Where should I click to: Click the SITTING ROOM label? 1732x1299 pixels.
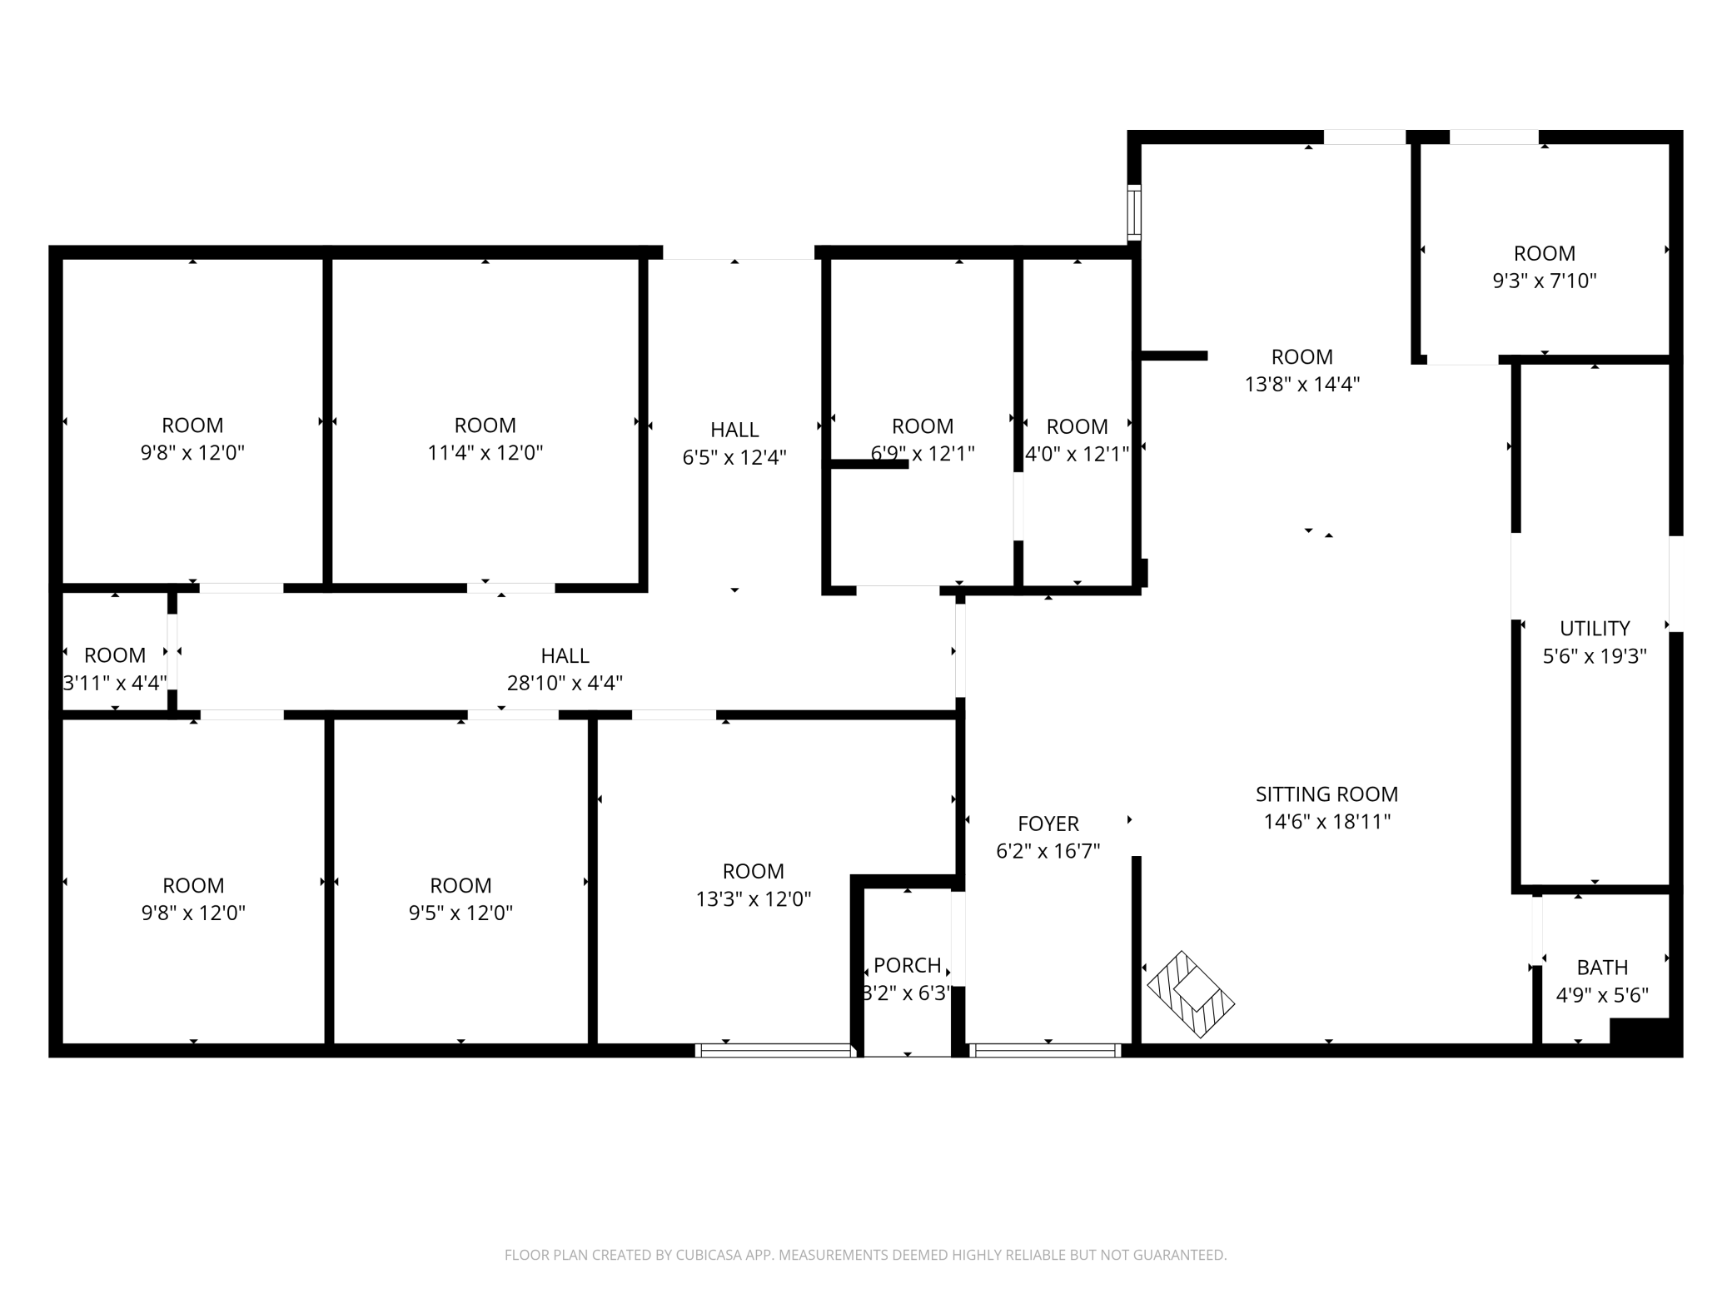click(1326, 794)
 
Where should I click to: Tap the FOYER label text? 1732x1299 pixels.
click(1048, 824)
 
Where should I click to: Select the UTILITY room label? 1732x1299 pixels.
click(1595, 628)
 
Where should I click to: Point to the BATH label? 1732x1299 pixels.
click(1602, 968)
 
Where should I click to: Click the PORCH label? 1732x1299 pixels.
click(908, 965)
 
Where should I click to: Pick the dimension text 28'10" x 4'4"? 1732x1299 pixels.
click(565, 683)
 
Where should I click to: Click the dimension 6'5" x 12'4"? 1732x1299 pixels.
click(734, 457)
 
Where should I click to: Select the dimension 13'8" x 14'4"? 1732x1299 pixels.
click(1302, 384)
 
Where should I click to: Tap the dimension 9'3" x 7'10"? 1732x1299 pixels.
click(1545, 281)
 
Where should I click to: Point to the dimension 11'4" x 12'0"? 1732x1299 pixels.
click(485, 452)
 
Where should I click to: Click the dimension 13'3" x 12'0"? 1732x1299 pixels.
click(754, 898)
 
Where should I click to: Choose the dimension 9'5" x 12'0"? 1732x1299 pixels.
click(460, 913)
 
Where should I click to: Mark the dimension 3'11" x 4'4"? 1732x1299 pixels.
click(115, 683)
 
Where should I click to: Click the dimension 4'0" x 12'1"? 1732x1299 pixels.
click(1077, 454)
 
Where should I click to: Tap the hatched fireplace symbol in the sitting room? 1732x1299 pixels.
click(1191, 994)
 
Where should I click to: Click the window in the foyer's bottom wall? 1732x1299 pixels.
click(1047, 1051)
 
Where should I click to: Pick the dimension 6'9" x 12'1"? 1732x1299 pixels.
click(923, 454)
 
